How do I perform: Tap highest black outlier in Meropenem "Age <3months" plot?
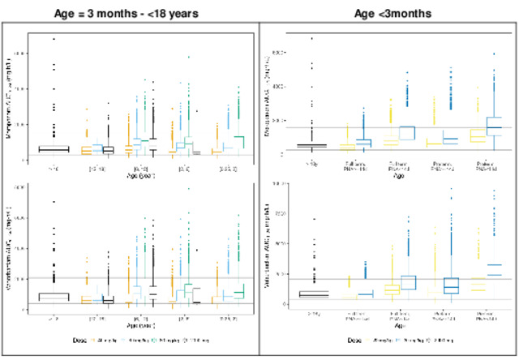point(311,37)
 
